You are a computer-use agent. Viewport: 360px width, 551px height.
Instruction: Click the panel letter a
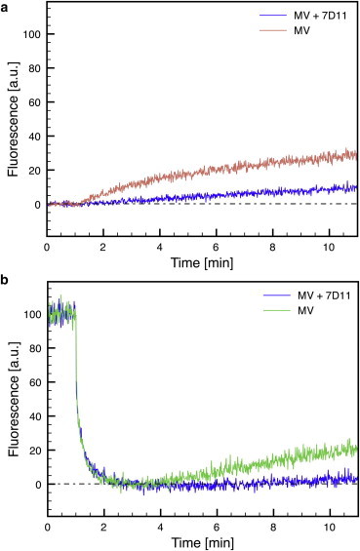coord(5,7)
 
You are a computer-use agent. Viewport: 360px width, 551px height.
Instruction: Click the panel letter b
coord(5,282)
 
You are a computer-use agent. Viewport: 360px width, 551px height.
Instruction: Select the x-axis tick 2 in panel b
coord(103,528)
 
